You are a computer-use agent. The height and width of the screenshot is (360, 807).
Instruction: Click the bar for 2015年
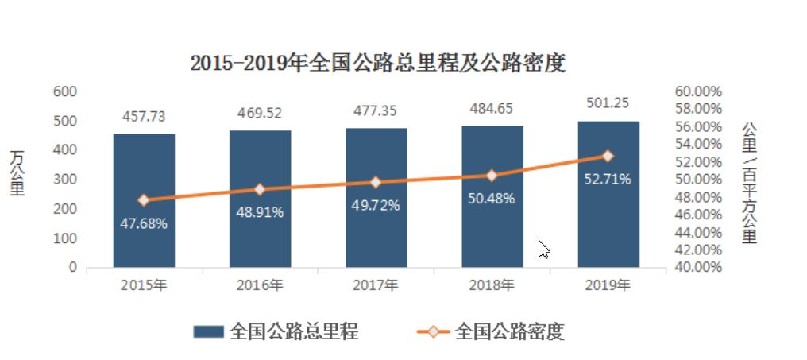click(x=144, y=238)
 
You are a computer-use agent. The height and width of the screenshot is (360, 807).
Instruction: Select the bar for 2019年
click(x=608, y=230)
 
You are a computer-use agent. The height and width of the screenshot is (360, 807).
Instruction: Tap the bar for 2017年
click(x=376, y=238)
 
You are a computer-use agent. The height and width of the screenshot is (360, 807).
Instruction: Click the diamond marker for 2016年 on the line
click(x=260, y=189)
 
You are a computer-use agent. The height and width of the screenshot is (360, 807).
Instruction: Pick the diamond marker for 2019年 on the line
click(x=608, y=156)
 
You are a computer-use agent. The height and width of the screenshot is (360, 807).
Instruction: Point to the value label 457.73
click(x=144, y=116)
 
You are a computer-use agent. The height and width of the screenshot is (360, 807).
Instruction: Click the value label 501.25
click(x=608, y=104)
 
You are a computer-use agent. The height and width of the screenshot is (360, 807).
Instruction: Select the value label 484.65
click(x=492, y=108)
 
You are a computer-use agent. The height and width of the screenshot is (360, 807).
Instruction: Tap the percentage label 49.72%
click(x=376, y=205)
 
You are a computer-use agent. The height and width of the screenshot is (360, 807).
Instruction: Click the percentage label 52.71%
click(x=608, y=179)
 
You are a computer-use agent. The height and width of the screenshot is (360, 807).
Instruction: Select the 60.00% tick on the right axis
click(x=698, y=91)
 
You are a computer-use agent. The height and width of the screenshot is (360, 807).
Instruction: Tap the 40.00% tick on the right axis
click(x=698, y=267)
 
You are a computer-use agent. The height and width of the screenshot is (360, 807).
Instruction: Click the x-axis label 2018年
click(x=492, y=285)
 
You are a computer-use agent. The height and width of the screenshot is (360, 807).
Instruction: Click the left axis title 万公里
click(x=17, y=172)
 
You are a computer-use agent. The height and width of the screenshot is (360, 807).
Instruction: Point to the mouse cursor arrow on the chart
click(x=544, y=249)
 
